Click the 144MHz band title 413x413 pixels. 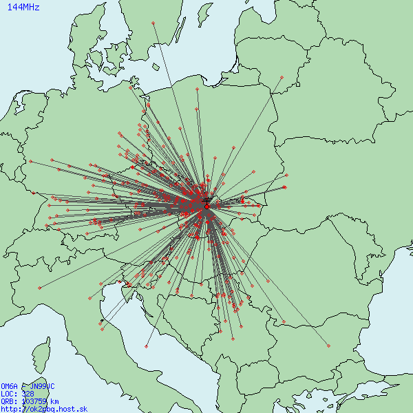pyautogui.click(x=23, y=8)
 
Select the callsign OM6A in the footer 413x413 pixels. pyautogui.click(x=9, y=386)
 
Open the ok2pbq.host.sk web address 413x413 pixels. pyautogui.click(x=44, y=409)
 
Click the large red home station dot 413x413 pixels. pyautogui.click(x=206, y=206)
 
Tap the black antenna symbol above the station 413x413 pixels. pyautogui.click(x=207, y=200)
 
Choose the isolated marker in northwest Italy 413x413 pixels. pyautogui.click(x=41, y=286)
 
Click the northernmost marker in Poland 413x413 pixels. pyautogui.click(x=196, y=89)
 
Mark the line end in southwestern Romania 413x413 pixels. pyautogui.click(x=283, y=321)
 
